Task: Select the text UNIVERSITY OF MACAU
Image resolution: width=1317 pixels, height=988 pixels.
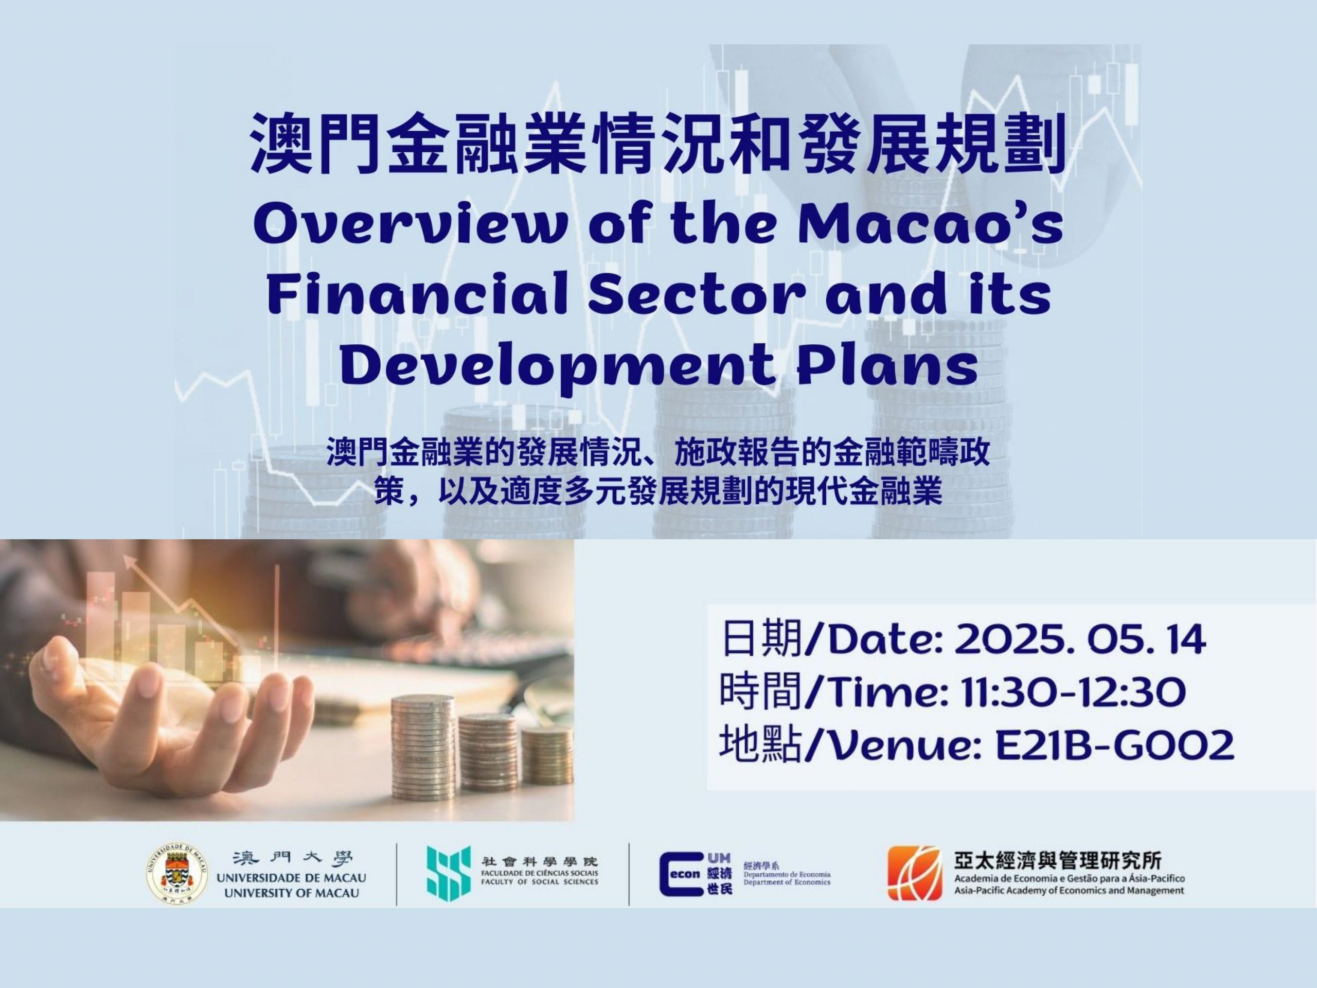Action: click(x=292, y=893)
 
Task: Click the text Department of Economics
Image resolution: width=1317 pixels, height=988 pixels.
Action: click(x=787, y=882)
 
